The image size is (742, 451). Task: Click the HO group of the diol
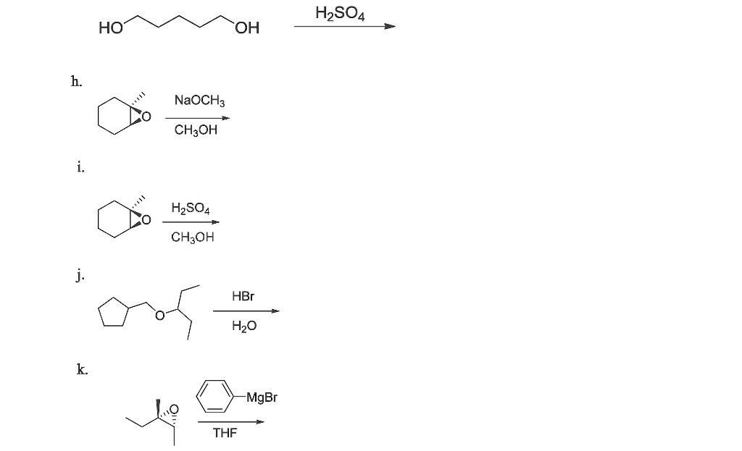coord(111,28)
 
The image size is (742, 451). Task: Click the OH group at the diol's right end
coord(247,28)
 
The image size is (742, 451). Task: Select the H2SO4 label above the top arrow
coord(341,13)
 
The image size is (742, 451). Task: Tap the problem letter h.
coord(76,81)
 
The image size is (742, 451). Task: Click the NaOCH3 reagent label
coord(200,101)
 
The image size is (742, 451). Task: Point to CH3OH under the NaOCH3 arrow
coord(196,130)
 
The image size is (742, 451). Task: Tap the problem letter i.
coord(81,167)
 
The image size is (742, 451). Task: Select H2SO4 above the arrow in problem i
coord(191,208)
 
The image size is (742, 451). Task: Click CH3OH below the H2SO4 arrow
coord(193,237)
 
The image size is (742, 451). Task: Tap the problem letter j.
coord(81,275)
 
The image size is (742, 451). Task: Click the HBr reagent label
coord(243,296)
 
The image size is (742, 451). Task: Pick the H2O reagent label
coord(244,326)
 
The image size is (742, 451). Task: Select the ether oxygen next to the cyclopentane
coord(160,315)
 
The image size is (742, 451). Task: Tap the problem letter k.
coord(83,369)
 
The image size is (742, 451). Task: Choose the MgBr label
coord(262,397)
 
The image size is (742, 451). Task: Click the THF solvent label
coord(225,433)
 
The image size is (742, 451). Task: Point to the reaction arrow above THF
coord(231,422)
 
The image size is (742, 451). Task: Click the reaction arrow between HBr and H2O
coord(246,311)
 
